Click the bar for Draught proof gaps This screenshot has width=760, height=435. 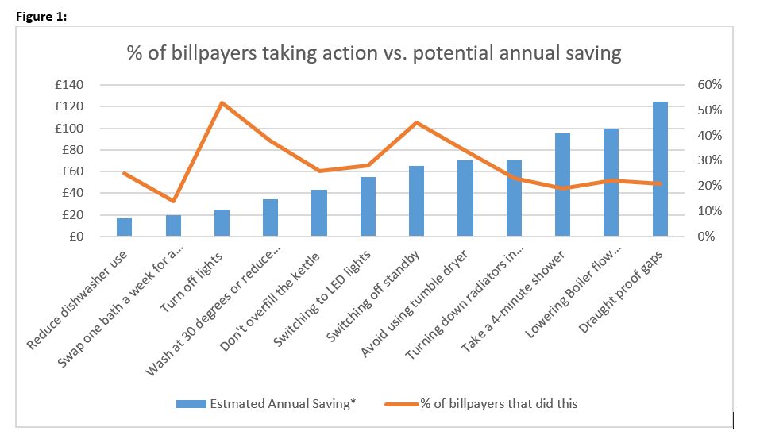(660, 169)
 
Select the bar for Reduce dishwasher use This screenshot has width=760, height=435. (125, 227)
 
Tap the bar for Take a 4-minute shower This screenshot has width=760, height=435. (562, 185)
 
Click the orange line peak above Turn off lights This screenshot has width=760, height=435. (222, 102)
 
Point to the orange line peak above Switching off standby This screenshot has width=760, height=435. (417, 122)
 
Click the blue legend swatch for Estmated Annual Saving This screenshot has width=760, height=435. (190, 404)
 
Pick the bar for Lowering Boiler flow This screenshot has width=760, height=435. (611, 183)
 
